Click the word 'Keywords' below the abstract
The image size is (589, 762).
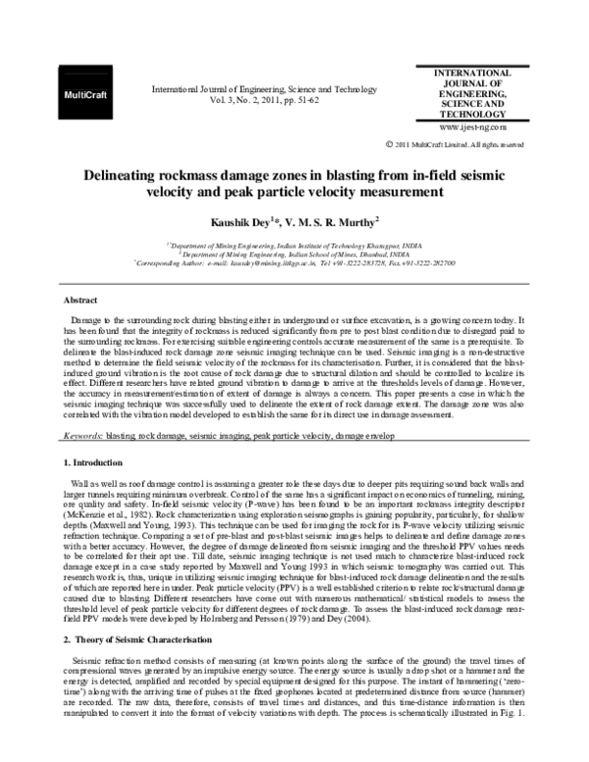(x=81, y=433)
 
